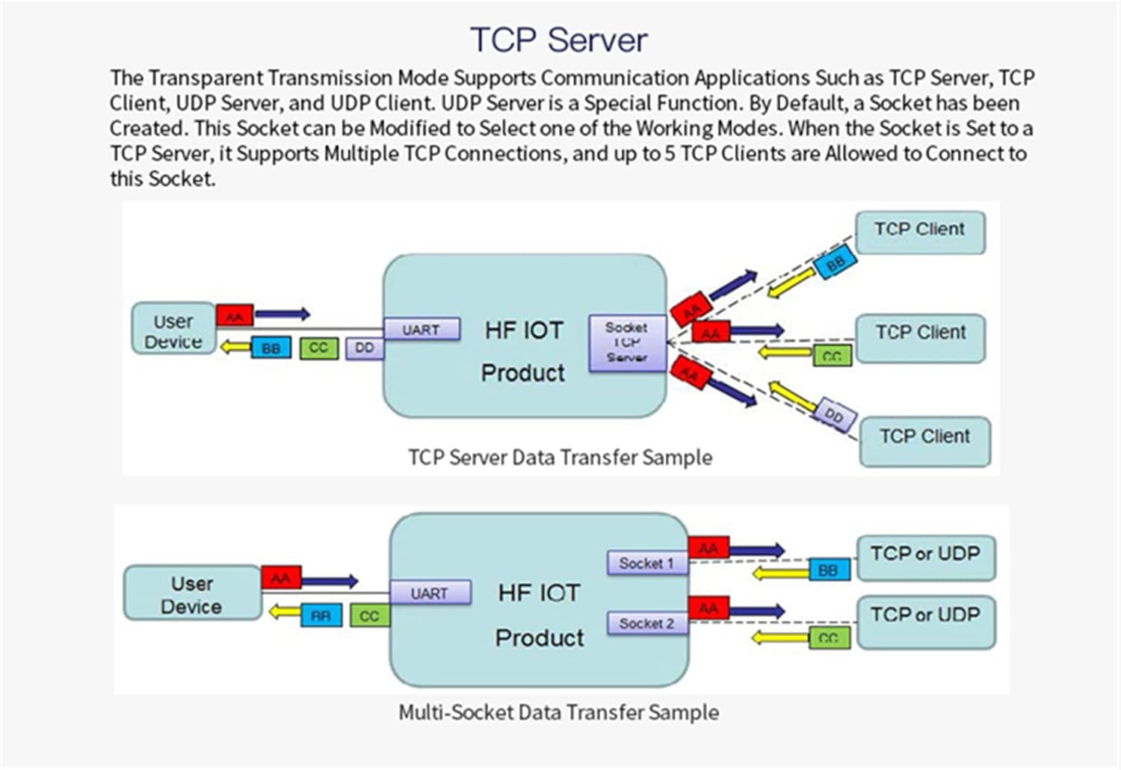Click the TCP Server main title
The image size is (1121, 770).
click(559, 40)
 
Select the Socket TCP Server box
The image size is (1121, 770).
click(626, 343)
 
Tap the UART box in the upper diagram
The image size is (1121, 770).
click(421, 330)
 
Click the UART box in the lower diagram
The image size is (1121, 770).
click(430, 593)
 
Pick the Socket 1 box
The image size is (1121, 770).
click(646, 563)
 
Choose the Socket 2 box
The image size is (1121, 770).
click(646, 623)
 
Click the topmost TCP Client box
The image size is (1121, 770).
click(920, 231)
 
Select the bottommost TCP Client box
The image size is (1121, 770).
click(924, 440)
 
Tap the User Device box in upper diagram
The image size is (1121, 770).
click(173, 329)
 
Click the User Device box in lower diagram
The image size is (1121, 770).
click(192, 594)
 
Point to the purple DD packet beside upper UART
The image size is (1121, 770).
click(365, 348)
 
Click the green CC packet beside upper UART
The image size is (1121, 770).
click(319, 348)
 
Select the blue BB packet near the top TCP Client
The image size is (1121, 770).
click(835, 264)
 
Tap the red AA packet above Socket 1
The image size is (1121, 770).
click(708, 548)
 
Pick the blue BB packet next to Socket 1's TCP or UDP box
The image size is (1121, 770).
click(829, 570)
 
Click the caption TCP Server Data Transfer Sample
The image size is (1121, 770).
click(560, 458)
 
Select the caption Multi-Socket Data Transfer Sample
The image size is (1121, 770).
click(559, 712)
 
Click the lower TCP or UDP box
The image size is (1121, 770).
click(926, 621)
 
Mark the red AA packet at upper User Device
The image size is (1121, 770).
click(235, 316)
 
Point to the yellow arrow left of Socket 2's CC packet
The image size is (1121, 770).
click(779, 638)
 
